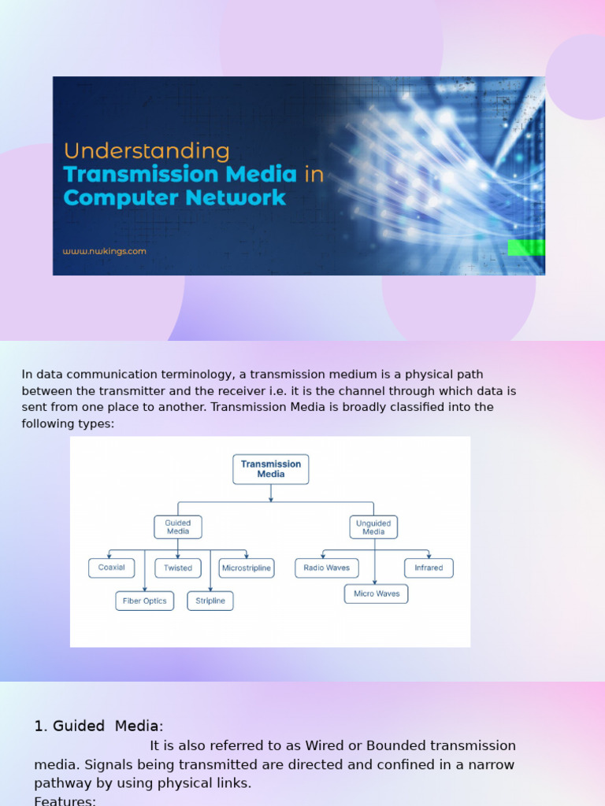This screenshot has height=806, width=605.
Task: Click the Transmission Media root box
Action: click(270, 469)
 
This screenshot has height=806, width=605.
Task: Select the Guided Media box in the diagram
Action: click(178, 527)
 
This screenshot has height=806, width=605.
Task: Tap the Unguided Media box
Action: click(373, 527)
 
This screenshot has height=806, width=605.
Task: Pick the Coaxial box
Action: click(111, 568)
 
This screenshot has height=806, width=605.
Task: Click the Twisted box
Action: click(178, 568)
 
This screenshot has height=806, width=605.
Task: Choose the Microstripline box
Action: click(247, 568)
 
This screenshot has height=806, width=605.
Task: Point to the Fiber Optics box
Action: click(144, 601)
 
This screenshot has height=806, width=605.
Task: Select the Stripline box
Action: click(210, 601)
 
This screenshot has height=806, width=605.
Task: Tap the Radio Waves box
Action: click(326, 568)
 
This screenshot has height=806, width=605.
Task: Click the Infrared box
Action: click(429, 568)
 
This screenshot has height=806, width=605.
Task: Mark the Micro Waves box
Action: click(377, 594)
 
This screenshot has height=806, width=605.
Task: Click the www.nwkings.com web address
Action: click(105, 252)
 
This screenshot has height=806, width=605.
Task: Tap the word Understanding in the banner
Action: click(147, 151)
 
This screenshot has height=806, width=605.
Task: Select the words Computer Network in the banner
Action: click(174, 198)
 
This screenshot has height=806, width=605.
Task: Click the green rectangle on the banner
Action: click(525, 248)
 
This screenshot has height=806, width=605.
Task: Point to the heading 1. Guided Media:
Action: click(98, 726)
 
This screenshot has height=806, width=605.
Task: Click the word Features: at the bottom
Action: click(65, 800)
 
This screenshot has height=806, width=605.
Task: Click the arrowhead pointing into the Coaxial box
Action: click(109, 556)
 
